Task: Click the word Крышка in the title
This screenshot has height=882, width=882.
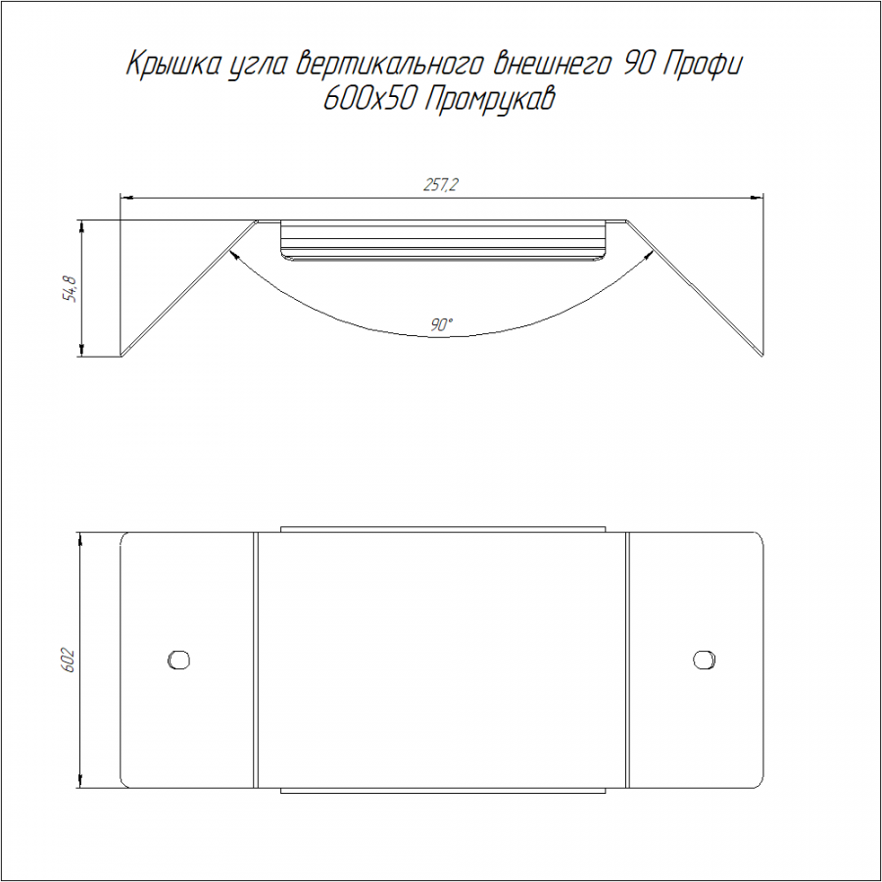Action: [172, 64]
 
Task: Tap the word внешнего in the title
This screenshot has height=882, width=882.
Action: [552, 64]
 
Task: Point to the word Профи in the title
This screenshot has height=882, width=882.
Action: [703, 64]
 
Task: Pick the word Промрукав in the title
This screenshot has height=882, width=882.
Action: [488, 100]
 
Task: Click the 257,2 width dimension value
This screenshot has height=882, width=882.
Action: [440, 184]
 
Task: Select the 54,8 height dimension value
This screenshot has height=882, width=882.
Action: [71, 288]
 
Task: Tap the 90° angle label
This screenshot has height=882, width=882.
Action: [442, 324]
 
